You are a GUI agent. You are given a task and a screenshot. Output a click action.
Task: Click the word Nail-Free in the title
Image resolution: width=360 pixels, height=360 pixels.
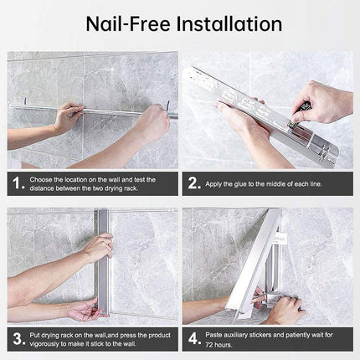(x=128, y=24)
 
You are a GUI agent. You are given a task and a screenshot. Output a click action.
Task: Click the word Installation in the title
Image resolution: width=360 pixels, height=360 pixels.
(x=229, y=24)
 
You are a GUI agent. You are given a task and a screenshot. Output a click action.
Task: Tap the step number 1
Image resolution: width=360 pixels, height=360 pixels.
(x=18, y=183)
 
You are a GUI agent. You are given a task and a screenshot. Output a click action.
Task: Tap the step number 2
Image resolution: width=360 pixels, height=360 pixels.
(x=193, y=183)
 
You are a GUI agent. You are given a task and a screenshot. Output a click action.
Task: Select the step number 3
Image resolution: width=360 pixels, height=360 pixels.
(x=19, y=339)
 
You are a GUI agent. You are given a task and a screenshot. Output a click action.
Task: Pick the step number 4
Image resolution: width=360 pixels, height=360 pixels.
(x=194, y=339)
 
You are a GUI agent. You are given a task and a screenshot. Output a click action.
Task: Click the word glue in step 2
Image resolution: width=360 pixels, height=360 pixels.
(x=240, y=184)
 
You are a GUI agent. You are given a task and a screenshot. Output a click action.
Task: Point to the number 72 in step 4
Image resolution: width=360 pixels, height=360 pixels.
(x=209, y=345)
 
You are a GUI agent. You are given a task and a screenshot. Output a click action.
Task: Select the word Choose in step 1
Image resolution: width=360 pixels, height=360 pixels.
(x=40, y=179)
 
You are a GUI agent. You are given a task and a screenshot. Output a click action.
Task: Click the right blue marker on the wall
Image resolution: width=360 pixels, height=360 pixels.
(x=167, y=105)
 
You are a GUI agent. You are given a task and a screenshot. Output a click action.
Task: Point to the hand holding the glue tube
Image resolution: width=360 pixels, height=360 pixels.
(x=321, y=103)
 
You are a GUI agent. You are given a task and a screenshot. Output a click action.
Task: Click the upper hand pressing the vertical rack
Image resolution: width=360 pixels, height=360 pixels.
(x=99, y=246)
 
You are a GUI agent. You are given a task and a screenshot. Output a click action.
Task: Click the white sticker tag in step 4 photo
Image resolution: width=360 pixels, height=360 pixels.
(x=280, y=239)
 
